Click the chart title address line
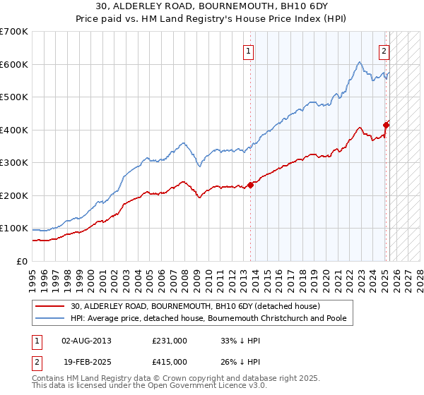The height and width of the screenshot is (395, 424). tap(211, 6)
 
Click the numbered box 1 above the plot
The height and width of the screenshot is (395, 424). tap(249, 50)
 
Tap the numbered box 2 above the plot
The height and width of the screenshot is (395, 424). tap(384, 50)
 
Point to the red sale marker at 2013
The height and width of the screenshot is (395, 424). tap(250, 186)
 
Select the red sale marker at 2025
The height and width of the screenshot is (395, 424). tap(387, 126)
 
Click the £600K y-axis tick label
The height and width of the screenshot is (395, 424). tap(14, 64)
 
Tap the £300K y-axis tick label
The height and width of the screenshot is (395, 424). tap(14, 163)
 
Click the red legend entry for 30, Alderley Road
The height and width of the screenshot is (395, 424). tap(195, 306)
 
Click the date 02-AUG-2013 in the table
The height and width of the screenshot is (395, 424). tap(87, 341)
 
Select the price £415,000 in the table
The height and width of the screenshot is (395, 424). tap(170, 361)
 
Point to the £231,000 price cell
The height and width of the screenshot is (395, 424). tap(170, 341)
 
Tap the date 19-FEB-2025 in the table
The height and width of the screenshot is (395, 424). tap(87, 361)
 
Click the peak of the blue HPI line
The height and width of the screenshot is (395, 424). tap(360, 62)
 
